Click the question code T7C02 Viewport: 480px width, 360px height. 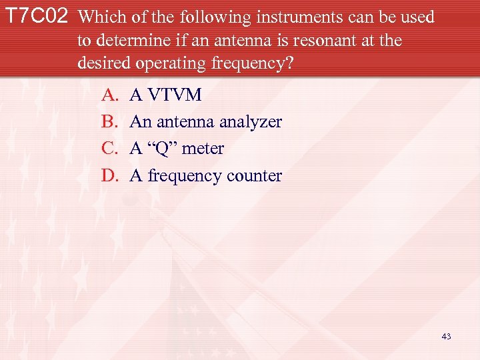pyautogui.click(x=37, y=17)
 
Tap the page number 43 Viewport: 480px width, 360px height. pyautogui.click(x=446, y=337)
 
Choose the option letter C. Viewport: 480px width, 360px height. pyautogui.click(x=109, y=149)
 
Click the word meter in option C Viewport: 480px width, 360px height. pyautogui.click(x=203, y=149)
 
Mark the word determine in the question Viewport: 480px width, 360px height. pyautogui.click(x=130, y=40)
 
